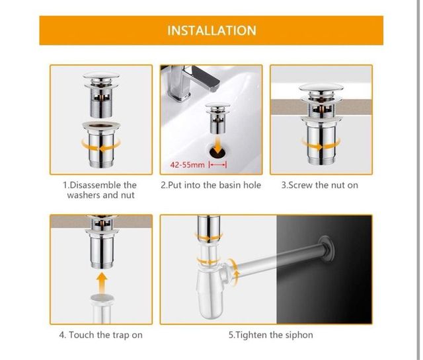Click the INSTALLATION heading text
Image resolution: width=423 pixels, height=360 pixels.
click(211, 30)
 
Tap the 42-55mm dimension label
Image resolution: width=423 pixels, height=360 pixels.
click(188, 164)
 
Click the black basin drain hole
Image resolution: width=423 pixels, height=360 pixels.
click(218, 151)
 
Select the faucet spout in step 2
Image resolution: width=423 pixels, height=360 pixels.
click(205, 78)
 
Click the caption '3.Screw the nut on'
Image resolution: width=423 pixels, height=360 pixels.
click(320, 185)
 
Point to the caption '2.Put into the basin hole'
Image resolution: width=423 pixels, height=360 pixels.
click(211, 185)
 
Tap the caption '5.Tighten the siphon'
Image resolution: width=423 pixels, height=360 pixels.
click(271, 335)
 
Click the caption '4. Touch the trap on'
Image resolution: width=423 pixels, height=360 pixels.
click(100, 335)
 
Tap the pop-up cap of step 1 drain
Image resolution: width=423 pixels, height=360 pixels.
click(101, 76)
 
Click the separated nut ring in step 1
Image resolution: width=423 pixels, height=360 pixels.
click(101, 126)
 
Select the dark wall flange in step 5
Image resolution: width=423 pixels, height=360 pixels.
click(327, 248)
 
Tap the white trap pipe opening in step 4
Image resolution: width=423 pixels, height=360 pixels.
click(102, 298)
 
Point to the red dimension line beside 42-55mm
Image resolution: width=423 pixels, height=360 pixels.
click(218, 164)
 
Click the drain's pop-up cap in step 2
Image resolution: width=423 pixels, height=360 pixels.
click(217, 104)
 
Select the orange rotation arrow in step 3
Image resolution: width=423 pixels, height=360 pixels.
click(321, 145)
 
